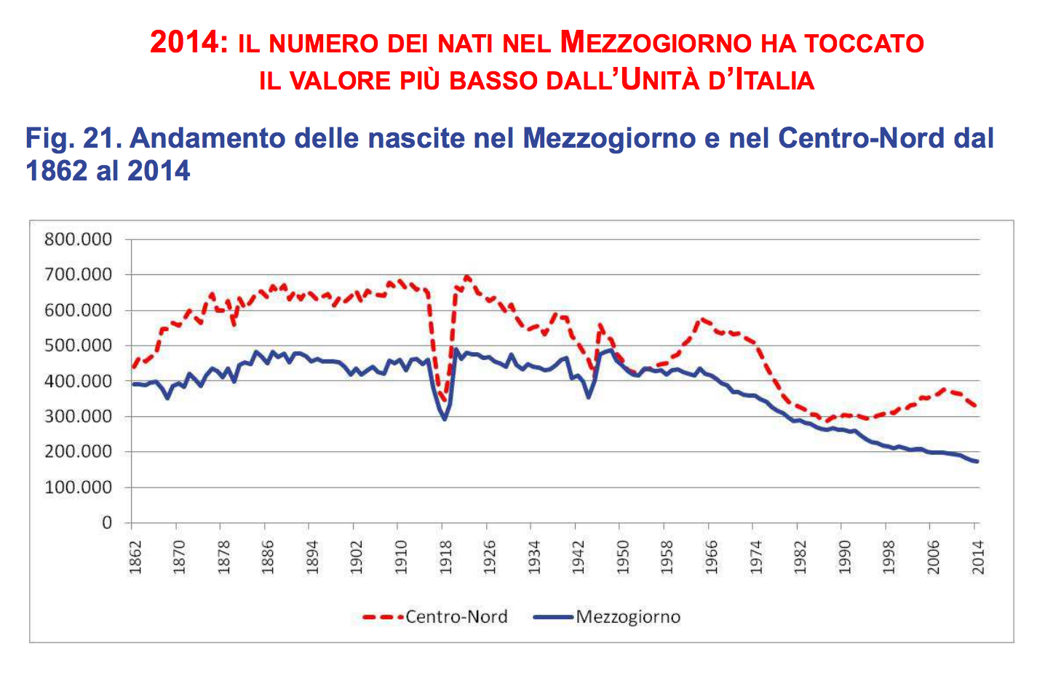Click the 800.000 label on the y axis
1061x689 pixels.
pyautogui.click(x=78, y=239)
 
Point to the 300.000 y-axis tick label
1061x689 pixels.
pyautogui.click(x=78, y=417)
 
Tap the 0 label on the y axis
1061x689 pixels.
pyautogui.click(x=107, y=523)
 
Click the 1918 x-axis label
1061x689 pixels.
pyautogui.click(x=446, y=557)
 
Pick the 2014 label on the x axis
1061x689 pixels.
pyautogui.click(x=979, y=557)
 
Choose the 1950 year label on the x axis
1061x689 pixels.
pyautogui.click(x=624, y=557)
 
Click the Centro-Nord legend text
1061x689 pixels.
pyautogui.click(x=456, y=617)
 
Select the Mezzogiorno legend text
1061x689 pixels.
pyautogui.click(x=628, y=617)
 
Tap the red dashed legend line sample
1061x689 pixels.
pyautogui.click(x=382, y=617)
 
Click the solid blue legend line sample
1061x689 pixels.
pyautogui.click(x=553, y=617)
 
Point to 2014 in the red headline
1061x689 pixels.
pyautogui.click(x=184, y=42)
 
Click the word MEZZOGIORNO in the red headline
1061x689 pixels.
pyautogui.click(x=656, y=42)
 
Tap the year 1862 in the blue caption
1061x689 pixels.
pyautogui.click(x=57, y=171)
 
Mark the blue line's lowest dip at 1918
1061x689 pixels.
pyautogui.click(x=445, y=419)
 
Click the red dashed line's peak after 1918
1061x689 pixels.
pyautogui.click(x=467, y=276)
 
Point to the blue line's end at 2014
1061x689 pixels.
pyautogui.click(x=977, y=461)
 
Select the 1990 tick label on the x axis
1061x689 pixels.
pyautogui.click(x=845, y=557)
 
